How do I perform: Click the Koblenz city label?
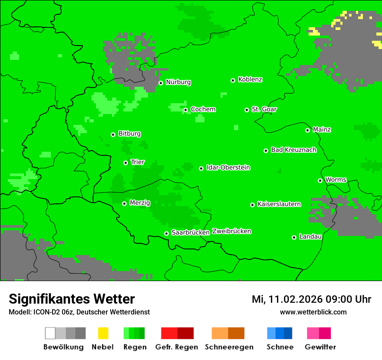(250, 80)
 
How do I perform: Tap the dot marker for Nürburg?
(161, 83)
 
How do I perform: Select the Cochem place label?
(203, 109)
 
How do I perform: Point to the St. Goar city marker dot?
(247, 110)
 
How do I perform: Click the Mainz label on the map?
(322, 130)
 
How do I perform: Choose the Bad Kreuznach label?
(293, 150)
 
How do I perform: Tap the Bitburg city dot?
(113, 134)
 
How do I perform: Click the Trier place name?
(138, 162)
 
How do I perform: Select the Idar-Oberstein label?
(228, 168)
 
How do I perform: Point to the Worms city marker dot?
(320, 180)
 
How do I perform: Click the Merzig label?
(140, 203)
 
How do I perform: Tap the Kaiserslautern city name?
(279, 204)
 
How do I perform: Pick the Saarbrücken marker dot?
(166, 233)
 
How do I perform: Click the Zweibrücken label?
(231, 232)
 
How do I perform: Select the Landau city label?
(310, 237)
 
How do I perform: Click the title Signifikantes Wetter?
(72, 299)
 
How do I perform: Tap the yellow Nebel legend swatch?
(103, 333)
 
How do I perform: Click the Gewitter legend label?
(320, 347)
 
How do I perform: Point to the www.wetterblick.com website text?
(313, 312)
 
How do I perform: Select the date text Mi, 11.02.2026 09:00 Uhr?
(311, 299)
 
